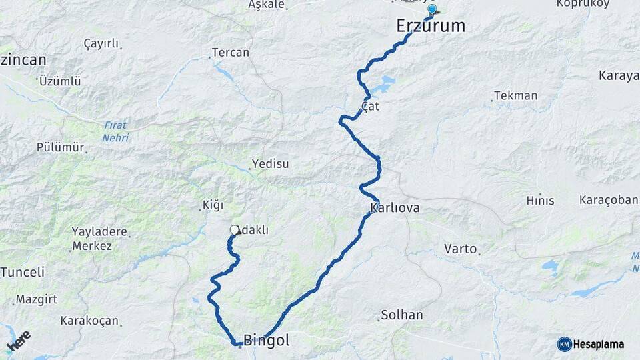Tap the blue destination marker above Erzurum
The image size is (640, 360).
[432, 9]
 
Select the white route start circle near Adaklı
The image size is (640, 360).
[234, 230]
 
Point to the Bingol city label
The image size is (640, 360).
[267, 340]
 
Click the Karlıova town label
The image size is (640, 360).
[395, 208]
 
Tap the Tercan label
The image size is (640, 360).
[230, 52]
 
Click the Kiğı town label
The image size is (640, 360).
[213, 205]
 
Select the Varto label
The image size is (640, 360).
[460, 249]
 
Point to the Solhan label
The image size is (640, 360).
[402, 315]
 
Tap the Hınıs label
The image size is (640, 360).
[540, 200]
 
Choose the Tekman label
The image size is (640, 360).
[517, 95]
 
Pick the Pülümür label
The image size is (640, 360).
[60, 147]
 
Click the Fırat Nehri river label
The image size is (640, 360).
[115, 131]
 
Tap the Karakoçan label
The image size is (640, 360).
[89, 321]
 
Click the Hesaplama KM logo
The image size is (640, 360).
[591, 344]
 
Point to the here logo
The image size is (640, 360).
[18, 342]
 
